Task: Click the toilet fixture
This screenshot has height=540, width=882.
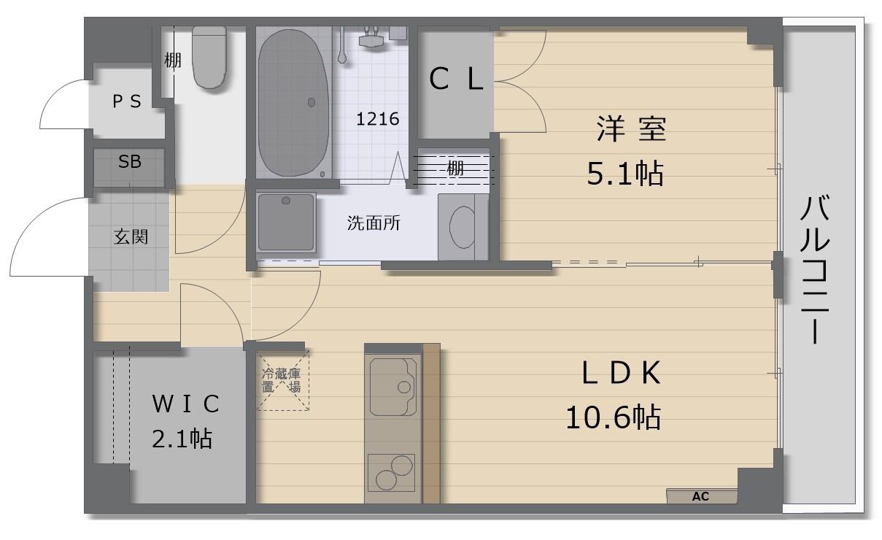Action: [209, 57]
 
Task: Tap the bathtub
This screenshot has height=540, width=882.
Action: [293, 103]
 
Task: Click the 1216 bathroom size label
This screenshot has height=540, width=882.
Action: [377, 119]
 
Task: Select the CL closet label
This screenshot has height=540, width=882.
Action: [456, 79]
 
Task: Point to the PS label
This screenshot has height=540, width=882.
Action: [127, 101]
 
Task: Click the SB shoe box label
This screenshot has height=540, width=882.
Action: [130, 161]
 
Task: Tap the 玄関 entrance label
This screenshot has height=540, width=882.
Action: [131, 236]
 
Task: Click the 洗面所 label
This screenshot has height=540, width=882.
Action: [374, 223]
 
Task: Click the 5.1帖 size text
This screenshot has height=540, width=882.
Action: [625, 173]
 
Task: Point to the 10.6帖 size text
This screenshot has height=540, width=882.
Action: [613, 417]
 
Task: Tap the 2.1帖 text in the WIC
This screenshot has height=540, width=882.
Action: [182, 439]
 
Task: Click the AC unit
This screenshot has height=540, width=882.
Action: [701, 496]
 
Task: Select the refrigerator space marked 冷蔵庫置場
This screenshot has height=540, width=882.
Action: [283, 380]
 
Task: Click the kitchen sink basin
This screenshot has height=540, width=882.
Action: [393, 387]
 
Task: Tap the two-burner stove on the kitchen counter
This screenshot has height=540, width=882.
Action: [391, 473]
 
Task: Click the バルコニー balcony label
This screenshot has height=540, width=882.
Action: [815, 270]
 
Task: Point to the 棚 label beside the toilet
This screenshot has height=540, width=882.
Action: [172, 61]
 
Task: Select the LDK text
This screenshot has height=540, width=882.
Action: [621, 373]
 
